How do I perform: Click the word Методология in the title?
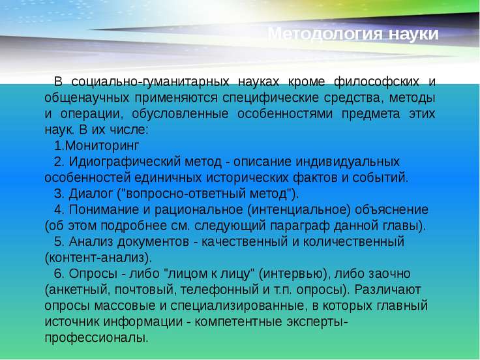tap(325, 34)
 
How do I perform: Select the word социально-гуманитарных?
tap(150, 82)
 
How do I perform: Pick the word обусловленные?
tap(180, 114)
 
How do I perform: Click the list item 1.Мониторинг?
tap(97, 146)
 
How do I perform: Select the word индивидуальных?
tap(348, 162)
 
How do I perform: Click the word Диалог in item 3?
tap(91, 194)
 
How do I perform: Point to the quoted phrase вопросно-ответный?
tap(185, 194)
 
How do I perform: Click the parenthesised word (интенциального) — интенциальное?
tap(299, 210)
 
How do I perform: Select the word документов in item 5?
tap(153, 242)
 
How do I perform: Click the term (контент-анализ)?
tap(98, 258)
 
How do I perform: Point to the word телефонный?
tap(220, 290)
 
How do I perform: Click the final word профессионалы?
tap(97, 338)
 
